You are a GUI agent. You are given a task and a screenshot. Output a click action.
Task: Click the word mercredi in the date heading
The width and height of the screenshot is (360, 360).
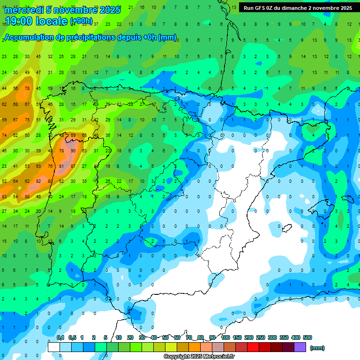(23, 9)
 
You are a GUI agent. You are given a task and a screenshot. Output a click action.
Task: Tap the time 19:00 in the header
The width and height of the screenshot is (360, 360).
(21, 22)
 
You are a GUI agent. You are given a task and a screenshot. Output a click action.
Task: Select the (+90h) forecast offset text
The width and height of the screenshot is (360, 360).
(81, 22)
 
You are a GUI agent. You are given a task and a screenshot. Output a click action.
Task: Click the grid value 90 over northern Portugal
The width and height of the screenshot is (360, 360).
(73, 150)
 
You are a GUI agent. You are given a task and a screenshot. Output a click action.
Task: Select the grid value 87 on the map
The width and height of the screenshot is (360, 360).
(73, 166)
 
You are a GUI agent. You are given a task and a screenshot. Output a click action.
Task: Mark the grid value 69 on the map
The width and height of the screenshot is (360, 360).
(73, 135)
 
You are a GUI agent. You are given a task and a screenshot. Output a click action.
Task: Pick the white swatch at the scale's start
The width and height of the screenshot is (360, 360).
(54, 347)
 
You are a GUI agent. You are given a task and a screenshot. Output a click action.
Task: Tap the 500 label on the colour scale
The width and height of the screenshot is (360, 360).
(307, 337)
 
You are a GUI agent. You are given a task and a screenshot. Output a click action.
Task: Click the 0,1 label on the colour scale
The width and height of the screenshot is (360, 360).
(60, 337)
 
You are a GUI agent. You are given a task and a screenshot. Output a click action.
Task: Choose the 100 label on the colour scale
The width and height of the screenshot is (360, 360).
(225, 337)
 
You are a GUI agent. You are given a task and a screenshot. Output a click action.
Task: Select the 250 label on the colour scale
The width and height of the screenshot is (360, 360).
(261, 337)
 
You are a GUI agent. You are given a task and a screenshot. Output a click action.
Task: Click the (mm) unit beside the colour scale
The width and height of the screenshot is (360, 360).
(317, 348)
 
